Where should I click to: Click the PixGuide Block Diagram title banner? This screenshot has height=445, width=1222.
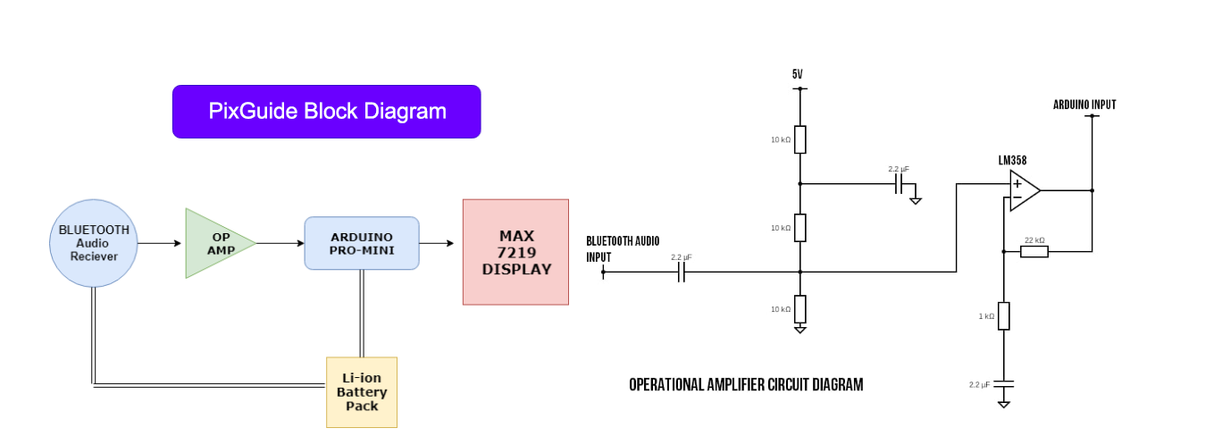pos(326,112)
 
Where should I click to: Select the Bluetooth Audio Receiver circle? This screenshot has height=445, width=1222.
pos(93,243)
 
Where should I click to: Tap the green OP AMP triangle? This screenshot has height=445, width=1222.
pos(215,243)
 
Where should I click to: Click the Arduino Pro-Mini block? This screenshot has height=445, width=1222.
pos(362,243)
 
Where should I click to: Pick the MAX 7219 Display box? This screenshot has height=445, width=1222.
pos(515,252)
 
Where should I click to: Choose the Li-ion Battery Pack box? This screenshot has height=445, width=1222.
pos(362,392)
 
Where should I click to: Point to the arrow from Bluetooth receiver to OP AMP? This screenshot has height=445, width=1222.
pos(159,243)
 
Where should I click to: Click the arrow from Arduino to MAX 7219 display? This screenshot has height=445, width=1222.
pos(437,243)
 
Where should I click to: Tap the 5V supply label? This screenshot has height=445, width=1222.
pos(797,73)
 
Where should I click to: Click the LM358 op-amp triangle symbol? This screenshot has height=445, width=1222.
pos(1024,190)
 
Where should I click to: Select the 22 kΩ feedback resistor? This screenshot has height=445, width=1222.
pos(1034,252)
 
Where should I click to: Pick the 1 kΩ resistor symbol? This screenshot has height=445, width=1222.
pos(1004,316)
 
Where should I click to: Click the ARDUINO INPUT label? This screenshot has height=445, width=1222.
pos(1084,105)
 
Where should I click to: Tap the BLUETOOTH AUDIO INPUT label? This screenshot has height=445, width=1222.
pos(623,249)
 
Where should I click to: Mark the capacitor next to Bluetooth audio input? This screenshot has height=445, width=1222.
pos(681,272)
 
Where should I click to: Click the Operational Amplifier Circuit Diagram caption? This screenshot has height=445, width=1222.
pos(746,384)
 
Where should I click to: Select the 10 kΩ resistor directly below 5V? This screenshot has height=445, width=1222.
pos(800,139)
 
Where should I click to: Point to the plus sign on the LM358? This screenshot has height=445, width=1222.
pos(1017,184)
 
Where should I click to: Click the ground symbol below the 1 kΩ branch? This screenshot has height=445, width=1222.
pos(1004,404)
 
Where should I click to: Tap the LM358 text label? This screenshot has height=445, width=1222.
pos(1012,160)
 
